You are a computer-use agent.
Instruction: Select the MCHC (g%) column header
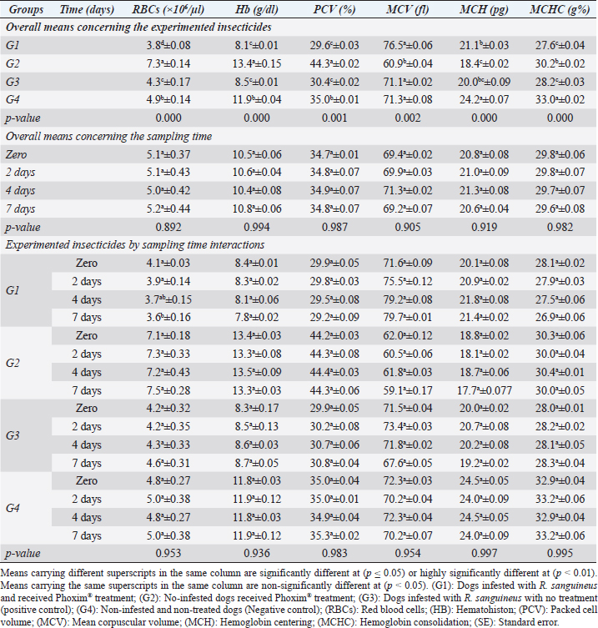coord(556,8)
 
